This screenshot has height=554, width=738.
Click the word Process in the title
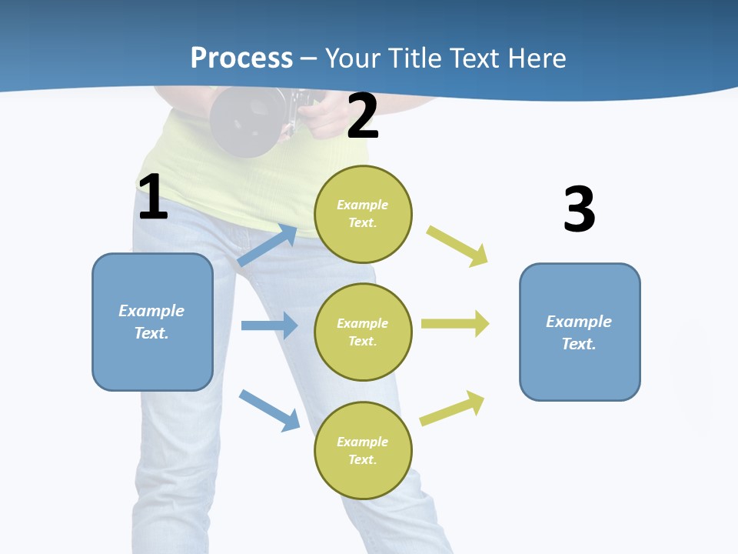(241, 58)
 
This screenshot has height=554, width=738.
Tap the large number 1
(153, 198)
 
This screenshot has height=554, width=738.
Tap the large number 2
(363, 116)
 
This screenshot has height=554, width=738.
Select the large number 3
(579, 209)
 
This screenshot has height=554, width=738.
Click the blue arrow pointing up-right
(268, 245)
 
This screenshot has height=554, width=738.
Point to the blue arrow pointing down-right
(269, 409)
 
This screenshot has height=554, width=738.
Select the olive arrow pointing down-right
(458, 246)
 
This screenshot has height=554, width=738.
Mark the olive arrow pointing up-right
(452, 408)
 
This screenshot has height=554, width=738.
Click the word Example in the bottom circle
(362, 442)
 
